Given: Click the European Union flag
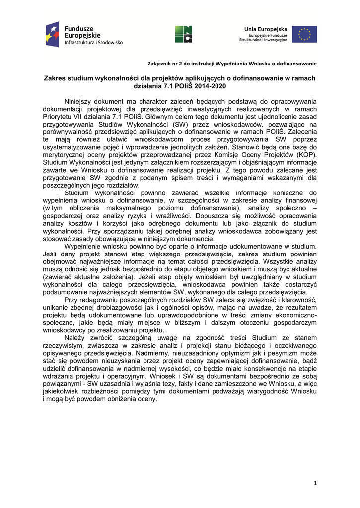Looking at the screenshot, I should point(304,34).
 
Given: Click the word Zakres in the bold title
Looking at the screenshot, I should point(56,78).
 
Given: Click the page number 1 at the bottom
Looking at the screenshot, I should point(315,484).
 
